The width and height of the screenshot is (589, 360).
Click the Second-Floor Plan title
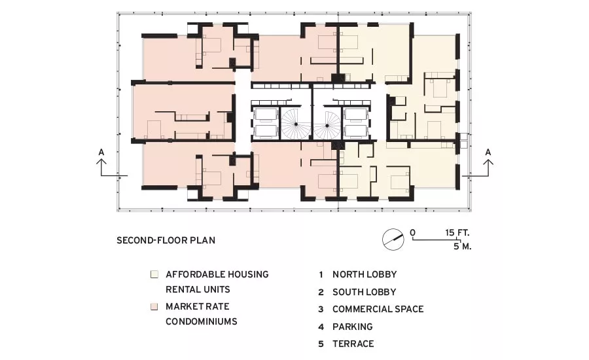pyautogui.click(x=166, y=240)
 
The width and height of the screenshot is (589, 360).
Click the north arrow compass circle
pyautogui.click(x=393, y=240)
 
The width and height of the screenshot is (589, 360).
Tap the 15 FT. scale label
pyautogui.click(x=457, y=232)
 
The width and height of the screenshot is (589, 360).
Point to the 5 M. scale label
pyautogui.click(x=462, y=247)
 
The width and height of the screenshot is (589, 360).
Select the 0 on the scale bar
pyautogui.click(x=413, y=233)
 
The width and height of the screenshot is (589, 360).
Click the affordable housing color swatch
pyautogui.click(x=154, y=274)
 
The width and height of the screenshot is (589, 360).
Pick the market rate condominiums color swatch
pyautogui.click(x=154, y=306)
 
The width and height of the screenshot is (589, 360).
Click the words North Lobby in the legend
pyautogui.click(x=365, y=275)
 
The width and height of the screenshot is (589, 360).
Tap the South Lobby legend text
pyautogui.click(x=364, y=292)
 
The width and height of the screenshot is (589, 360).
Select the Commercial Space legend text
pyautogui.click(x=378, y=309)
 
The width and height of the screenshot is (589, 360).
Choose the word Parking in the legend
pyautogui.click(x=352, y=327)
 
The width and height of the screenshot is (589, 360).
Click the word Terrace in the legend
pyautogui.click(x=353, y=344)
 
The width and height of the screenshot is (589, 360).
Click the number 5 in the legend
pyautogui.click(x=321, y=344)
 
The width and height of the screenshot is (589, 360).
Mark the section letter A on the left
pyautogui.click(x=101, y=153)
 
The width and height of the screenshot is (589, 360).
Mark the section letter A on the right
pyautogui.click(x=488, y=153)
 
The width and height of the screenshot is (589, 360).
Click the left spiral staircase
pyautogui.click(x=296, y=124)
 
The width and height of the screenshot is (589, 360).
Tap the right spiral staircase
pyautogui.click(x=327, y=125)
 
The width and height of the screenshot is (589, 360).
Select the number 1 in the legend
pyautogui.click(x=321, y=275)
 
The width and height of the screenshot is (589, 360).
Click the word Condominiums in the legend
pyautogui.click(x=202, y=321)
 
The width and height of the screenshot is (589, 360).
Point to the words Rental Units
pyautogui.click(x=198, y=290)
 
